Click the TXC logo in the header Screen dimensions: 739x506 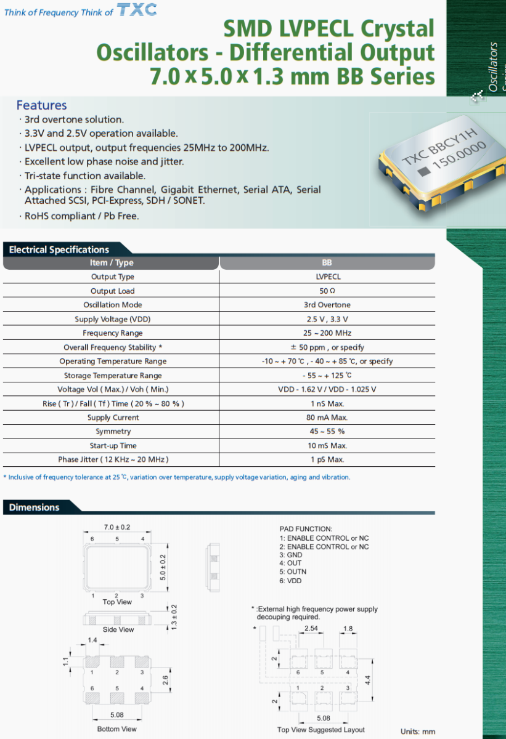point(137,10)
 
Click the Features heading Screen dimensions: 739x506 point(41,105)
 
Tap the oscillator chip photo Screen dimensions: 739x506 point(437,163)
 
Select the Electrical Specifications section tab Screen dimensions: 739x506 point(59,249)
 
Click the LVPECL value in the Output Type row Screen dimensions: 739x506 point(327,277)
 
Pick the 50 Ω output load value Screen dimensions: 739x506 point(327,291)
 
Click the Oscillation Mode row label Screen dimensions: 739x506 point(112,305)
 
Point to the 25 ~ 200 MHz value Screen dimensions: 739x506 point(327,333)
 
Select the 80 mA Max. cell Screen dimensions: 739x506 point(327,418)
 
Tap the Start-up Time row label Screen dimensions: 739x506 point(112,446)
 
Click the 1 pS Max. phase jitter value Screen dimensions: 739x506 point(327,460)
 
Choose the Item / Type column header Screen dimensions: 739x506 point(112,263)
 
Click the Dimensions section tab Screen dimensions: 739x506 point(35,507)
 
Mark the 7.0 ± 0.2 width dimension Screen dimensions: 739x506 point(116,528)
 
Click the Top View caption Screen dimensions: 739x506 point(117,602)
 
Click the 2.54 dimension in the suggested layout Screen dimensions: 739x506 point(312,628)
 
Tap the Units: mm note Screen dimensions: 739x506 point(417,732)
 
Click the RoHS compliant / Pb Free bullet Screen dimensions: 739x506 point(81,216)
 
